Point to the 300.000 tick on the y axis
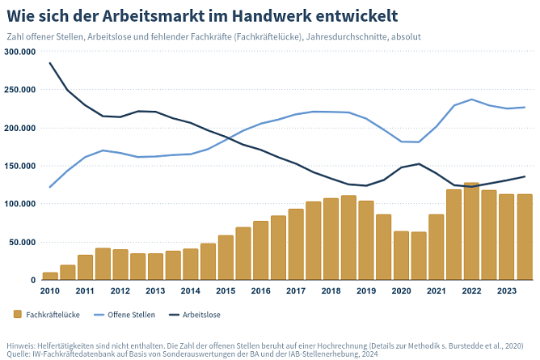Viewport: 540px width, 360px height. (20, 51)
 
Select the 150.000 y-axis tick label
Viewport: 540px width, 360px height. (20, 166)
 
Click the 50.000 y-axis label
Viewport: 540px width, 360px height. (23, 242)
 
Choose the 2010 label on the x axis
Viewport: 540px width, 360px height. (50, 290)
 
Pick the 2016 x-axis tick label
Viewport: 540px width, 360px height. (261, 290)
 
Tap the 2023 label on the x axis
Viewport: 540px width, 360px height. (506, 290)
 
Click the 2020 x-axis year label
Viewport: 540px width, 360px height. (401, 290)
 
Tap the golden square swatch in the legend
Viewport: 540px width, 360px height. (18, 315)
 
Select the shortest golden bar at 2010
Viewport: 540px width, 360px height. (50, 276)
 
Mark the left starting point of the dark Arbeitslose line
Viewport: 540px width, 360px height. (50, 63)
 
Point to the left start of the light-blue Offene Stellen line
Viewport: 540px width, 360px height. (50, 187)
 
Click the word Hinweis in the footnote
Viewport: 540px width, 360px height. (20, 344)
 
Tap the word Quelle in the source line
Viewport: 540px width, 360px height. (19, 354)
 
